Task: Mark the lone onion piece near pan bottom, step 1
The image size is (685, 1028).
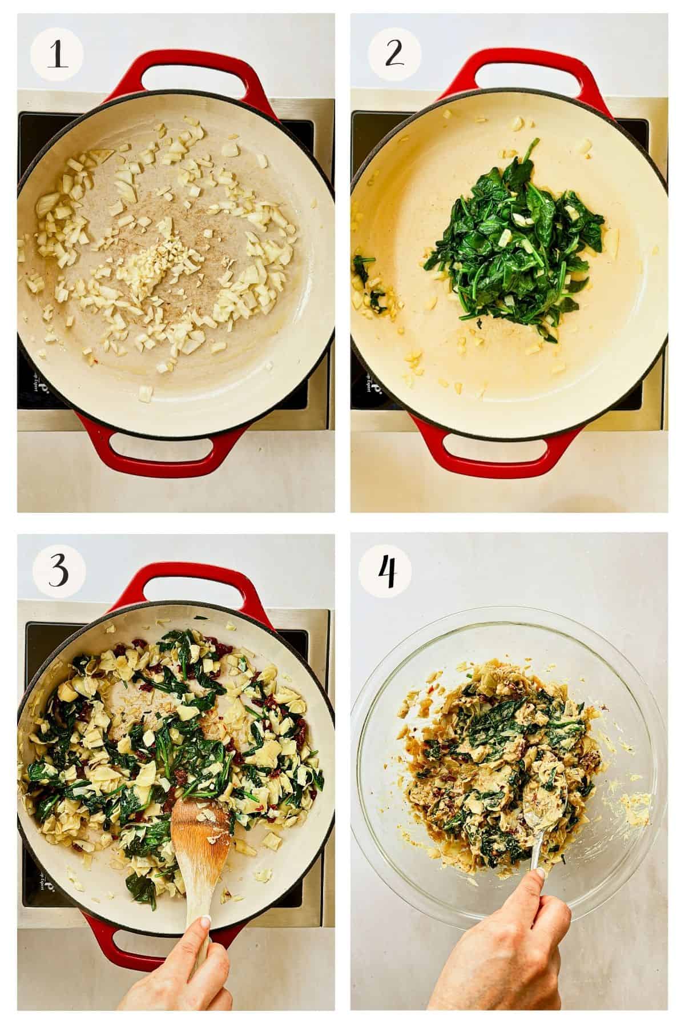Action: pos(146,393)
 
